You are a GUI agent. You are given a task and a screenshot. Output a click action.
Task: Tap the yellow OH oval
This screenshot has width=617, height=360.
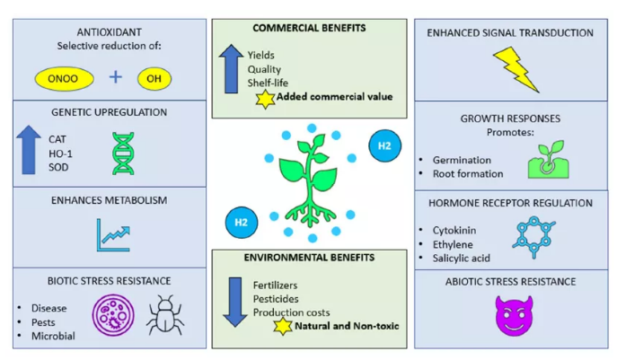(154, 77)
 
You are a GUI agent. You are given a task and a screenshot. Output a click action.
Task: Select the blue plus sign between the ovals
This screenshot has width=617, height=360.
(115, 76)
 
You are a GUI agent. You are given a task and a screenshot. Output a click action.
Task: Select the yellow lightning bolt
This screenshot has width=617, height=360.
(516, 70)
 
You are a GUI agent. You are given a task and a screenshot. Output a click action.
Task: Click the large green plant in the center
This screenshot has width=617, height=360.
(309, 180)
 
